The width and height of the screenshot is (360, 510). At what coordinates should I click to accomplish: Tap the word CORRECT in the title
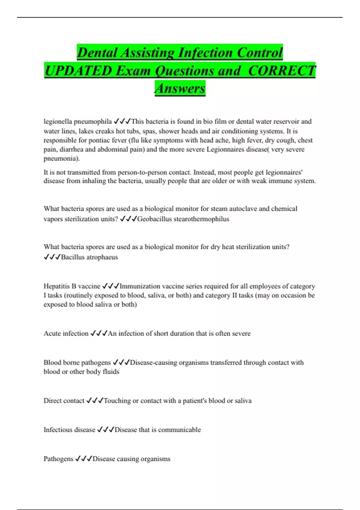[282, 71]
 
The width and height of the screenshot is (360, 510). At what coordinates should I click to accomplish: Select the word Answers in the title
[180, 88]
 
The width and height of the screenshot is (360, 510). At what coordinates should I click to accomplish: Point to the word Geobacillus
[154, 219]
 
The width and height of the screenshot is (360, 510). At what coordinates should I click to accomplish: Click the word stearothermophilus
[201, 219]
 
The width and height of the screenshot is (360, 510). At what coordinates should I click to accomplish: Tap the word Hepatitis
[57, 286]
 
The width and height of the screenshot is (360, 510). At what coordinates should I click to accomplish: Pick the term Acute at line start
[52, 333]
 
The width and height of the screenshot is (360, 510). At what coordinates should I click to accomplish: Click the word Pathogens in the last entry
[58, 459]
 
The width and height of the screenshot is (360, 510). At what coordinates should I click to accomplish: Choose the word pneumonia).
[61, 158]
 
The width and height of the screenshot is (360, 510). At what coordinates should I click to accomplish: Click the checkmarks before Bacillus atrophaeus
[52, 257]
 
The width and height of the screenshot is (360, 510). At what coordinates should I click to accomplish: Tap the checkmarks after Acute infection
[99, 333]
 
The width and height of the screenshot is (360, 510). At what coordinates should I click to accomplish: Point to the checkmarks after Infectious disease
[106, 430]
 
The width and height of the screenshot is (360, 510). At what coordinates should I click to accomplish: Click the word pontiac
[79, 140]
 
